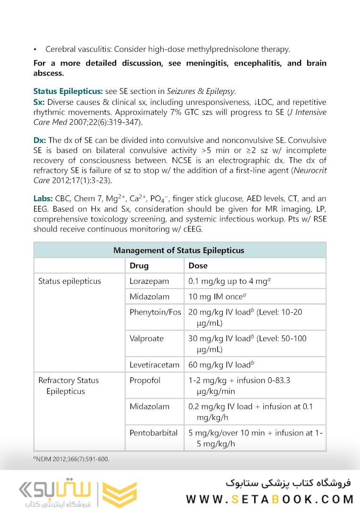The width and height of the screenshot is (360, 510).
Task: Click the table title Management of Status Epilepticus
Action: [x=179, y=250]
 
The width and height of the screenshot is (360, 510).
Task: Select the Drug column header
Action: [x=139, y=266]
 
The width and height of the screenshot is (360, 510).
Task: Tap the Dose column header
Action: [x=198, y=266]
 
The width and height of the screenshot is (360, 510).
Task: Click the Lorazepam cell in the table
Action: [x=149, y=281]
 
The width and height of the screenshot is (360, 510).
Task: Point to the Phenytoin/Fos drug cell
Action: [x=155, y=312]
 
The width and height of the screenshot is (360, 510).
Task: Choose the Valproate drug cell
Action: [x=147, y=339]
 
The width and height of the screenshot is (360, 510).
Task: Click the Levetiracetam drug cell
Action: [x=154, y=365]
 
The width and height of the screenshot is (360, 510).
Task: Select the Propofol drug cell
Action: [x=145, y=381]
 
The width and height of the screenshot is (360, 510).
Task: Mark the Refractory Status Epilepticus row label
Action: [x=68, y=386]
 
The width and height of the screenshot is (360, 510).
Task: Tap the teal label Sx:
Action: [x=39, y=102]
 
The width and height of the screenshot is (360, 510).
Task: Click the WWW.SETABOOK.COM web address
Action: [x=269, y=499]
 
